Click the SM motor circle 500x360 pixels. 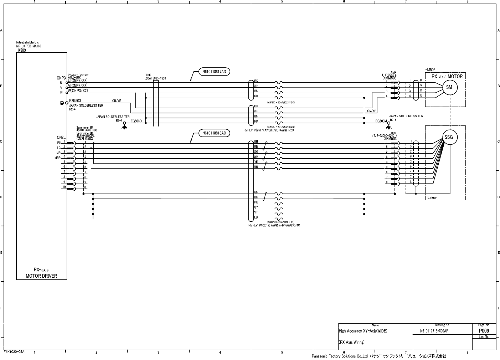pyautogui.click(x=449, y=87)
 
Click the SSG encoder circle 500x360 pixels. pyautogui.click(x=450, y=138)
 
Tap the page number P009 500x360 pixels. pyautogui.click(x=483, y=331)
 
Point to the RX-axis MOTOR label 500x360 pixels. pyautogui.click(x=447, y=76)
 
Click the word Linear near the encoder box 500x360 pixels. pyautogui.click(x=432, y=197)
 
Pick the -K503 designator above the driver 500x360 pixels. pyautogui.click(x=21, y=50)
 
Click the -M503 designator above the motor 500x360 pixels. pyautogui.click(x=430, y=70)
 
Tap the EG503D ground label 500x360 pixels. pyautogui.click(x=136, y=121)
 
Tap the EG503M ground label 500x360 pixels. pyautogui.click(x=381, y=121)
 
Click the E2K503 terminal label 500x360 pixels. pyautogui.click(x=75, y=101)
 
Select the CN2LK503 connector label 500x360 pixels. pyautogui.click(x=84, y=139)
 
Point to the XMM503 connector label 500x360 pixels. pyautogui.click(x=390, y=77)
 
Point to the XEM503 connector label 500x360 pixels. pyautogui.click(x=390, y=139)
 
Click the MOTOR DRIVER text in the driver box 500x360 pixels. pyautogui.click(x=41, y=276)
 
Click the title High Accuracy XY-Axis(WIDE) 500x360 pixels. pyautogui.click(x=363, y=331)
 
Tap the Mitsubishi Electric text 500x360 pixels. pyautogui.click(x=27, y=43)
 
